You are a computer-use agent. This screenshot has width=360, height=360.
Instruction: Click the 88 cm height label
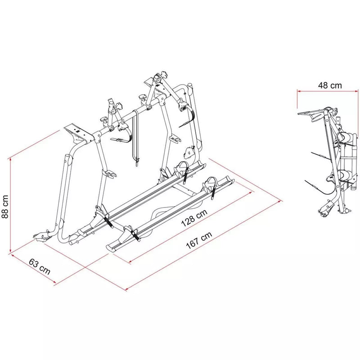pos(5,206)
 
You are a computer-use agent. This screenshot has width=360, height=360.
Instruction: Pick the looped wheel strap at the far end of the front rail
pos(211,184)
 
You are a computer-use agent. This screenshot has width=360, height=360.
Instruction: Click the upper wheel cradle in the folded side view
pos(345,137)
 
